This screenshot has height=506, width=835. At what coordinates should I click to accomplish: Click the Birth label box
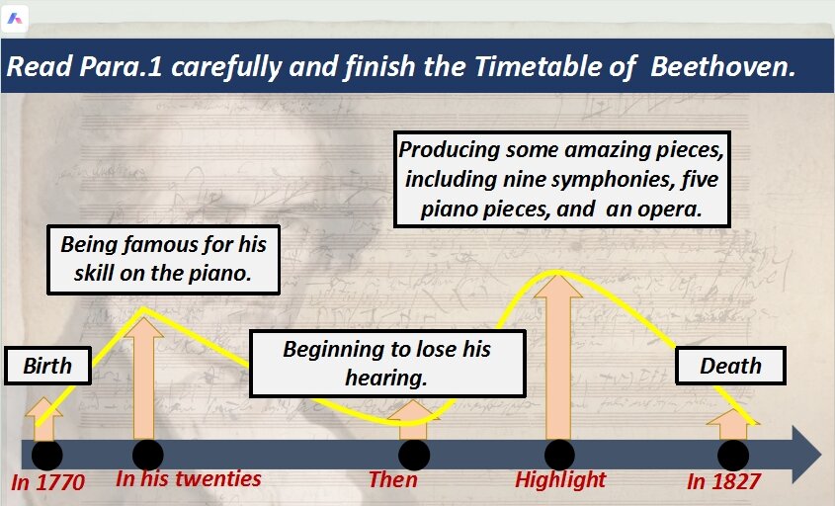coord(48,366)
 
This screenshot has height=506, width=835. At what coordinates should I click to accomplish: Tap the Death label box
coord(730,366)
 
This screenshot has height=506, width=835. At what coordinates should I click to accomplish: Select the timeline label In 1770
coord(48,482)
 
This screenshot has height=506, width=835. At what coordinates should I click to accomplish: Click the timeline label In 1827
coord(723,481)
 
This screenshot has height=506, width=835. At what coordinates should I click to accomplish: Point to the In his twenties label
coord(189,479)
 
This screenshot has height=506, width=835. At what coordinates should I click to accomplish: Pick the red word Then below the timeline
coord(393,479)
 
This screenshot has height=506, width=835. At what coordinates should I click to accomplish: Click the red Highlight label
coord(560,480)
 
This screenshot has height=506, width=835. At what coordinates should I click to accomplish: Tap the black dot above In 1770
coord(46,456)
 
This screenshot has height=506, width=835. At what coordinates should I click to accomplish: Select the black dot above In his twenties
coord(147,456)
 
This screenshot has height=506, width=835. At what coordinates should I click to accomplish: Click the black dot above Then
coord(414,456)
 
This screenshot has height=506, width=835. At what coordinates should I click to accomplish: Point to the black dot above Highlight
coord(559,456)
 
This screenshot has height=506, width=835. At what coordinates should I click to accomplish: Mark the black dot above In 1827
coord(733,456)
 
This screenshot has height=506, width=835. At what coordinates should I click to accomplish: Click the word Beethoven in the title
coord(722,67)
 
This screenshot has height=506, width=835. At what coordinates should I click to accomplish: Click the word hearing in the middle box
coord(386,379)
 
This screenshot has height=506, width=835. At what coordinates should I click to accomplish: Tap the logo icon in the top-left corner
coord(15,19)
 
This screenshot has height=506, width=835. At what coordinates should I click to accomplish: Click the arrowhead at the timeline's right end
coord(806,455)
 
